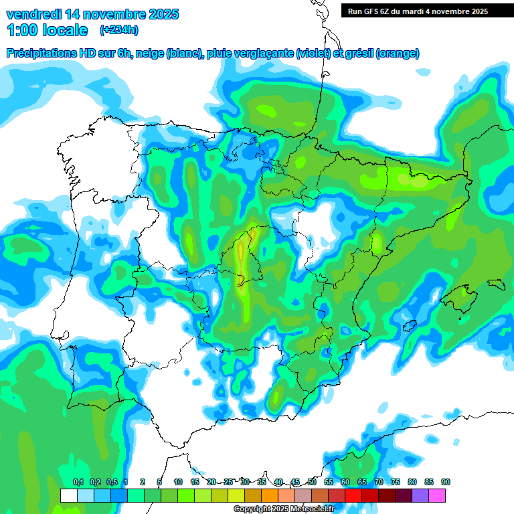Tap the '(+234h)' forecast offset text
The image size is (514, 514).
tap(118, 29)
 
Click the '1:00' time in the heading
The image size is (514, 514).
tap(23, 30)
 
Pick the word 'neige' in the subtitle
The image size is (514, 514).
tap(149, 54)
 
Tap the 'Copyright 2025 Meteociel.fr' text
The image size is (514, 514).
tap(283, 509)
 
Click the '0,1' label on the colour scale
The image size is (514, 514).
tap(78, 482)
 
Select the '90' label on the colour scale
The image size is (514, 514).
tap(445, 482)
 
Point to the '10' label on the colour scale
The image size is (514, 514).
tap(178, 482)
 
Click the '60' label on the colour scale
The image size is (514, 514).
tap(345, 482)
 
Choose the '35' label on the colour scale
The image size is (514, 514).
tap(262, 482)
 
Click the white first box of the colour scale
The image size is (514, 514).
tap(68, 495)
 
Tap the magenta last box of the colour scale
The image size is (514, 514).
tap(437, 495)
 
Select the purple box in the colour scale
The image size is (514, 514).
tap(420, 495)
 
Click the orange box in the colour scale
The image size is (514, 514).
tap(269, 495)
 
